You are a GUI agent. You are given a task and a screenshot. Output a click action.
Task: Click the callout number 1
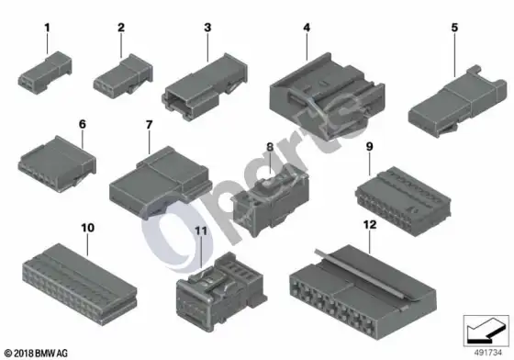click(47, 28)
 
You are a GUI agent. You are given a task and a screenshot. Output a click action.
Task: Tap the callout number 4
click(307, 28)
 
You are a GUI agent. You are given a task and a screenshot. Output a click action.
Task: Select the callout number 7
click(149, 125)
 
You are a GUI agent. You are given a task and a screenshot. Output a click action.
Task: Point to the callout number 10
click(87, 228)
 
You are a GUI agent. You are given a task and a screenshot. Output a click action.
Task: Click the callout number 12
click(370, 225)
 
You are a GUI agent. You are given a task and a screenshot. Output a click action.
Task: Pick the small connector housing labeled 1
click(45, 73)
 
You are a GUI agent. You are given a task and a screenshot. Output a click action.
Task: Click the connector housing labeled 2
click(123, 76)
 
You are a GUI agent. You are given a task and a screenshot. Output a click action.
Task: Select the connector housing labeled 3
click(205, 87)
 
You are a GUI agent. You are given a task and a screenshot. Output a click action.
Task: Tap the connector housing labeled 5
click(457, 101)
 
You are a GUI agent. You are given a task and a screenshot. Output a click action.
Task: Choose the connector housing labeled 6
click(57, 163)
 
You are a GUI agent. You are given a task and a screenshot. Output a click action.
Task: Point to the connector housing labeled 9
click(403, 201)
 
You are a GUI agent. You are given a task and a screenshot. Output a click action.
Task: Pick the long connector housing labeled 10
click(80, 285)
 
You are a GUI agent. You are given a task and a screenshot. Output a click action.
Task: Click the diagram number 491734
click(487, 353)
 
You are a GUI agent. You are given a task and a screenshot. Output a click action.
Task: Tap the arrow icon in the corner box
click(486, 331)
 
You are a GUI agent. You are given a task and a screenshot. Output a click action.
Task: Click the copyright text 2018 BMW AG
click(37, 354)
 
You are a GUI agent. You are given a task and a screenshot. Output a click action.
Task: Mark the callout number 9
click(369, 147)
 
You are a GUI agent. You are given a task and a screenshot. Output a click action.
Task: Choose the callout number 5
click(454, 28)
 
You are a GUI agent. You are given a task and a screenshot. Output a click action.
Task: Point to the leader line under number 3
click(207, 48)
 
